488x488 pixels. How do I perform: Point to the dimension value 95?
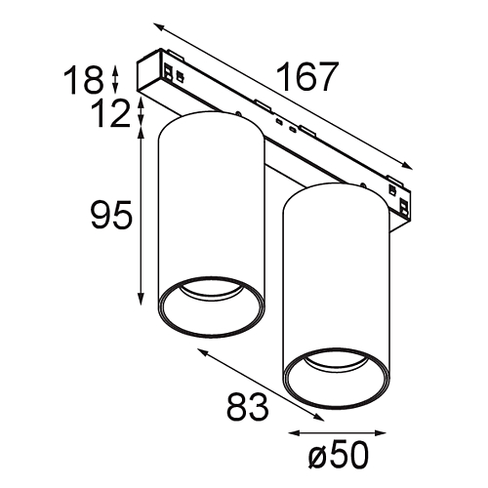pyautogui.click(x=109, y=214)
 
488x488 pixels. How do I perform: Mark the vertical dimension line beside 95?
pyautogui.click(x=144, y=214)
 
